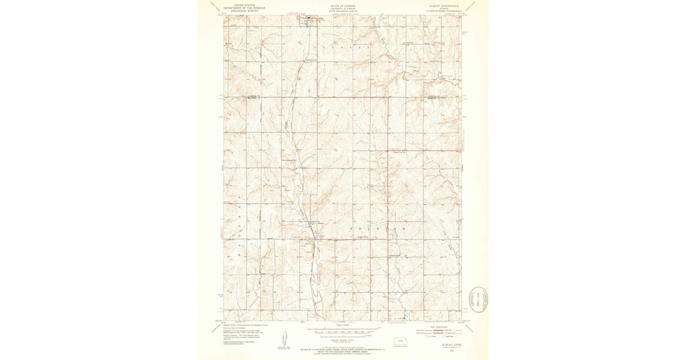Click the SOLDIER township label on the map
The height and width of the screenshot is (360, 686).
click(x=377, y=228)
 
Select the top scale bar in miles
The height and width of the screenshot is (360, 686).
click(x=342, y=331)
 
